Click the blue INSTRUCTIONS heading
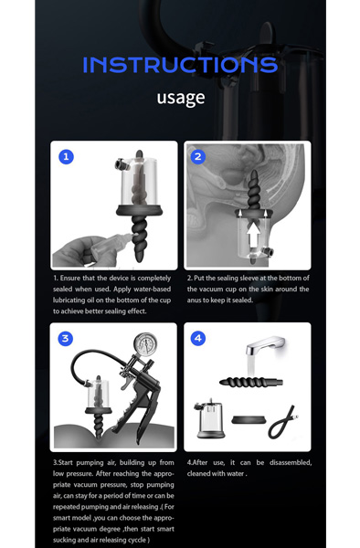pos(180,65)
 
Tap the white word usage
pos(181,98)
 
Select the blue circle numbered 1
pos(66,157)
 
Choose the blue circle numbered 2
pos(198,156)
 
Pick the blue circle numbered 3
pos(65,339)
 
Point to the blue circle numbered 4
pos(198,338)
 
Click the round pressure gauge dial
pos(145,343)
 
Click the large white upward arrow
pos(253,233)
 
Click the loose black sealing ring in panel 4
pos(249,420)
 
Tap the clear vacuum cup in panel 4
pos(211,419)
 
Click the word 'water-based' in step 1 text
pos(153,290)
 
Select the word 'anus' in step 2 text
pos(193,300)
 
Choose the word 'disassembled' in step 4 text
pos(290,463)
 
